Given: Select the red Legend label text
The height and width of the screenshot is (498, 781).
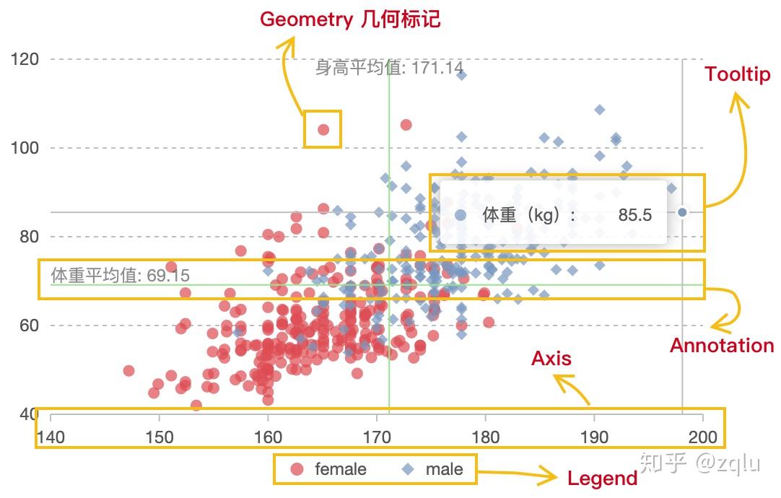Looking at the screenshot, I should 602,479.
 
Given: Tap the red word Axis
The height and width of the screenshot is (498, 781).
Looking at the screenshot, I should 551,359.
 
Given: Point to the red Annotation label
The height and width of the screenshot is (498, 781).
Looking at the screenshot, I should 722,346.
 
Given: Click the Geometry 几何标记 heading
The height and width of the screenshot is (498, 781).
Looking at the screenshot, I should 350,19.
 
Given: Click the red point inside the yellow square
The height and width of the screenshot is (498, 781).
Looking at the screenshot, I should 323,130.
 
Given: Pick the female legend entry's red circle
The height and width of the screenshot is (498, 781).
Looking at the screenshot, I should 297,470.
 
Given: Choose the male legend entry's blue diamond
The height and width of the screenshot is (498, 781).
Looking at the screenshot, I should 409,470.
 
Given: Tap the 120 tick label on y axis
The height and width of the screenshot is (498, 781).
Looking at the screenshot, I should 26,58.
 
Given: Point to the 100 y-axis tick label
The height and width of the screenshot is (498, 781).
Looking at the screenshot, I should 26,148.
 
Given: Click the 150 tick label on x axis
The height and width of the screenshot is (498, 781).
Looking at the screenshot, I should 159,437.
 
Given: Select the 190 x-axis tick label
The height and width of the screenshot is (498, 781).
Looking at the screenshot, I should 594,437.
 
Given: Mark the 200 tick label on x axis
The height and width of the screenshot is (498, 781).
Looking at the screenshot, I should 702,437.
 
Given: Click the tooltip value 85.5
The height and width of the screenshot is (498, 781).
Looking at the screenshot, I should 635,215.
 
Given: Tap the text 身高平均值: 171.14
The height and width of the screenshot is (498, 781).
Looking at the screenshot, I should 389,69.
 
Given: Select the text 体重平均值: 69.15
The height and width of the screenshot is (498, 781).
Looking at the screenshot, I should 121,276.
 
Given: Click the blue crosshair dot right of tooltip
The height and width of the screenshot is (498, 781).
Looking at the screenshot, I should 682,212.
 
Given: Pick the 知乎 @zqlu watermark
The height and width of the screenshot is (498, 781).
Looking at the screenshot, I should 700,463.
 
